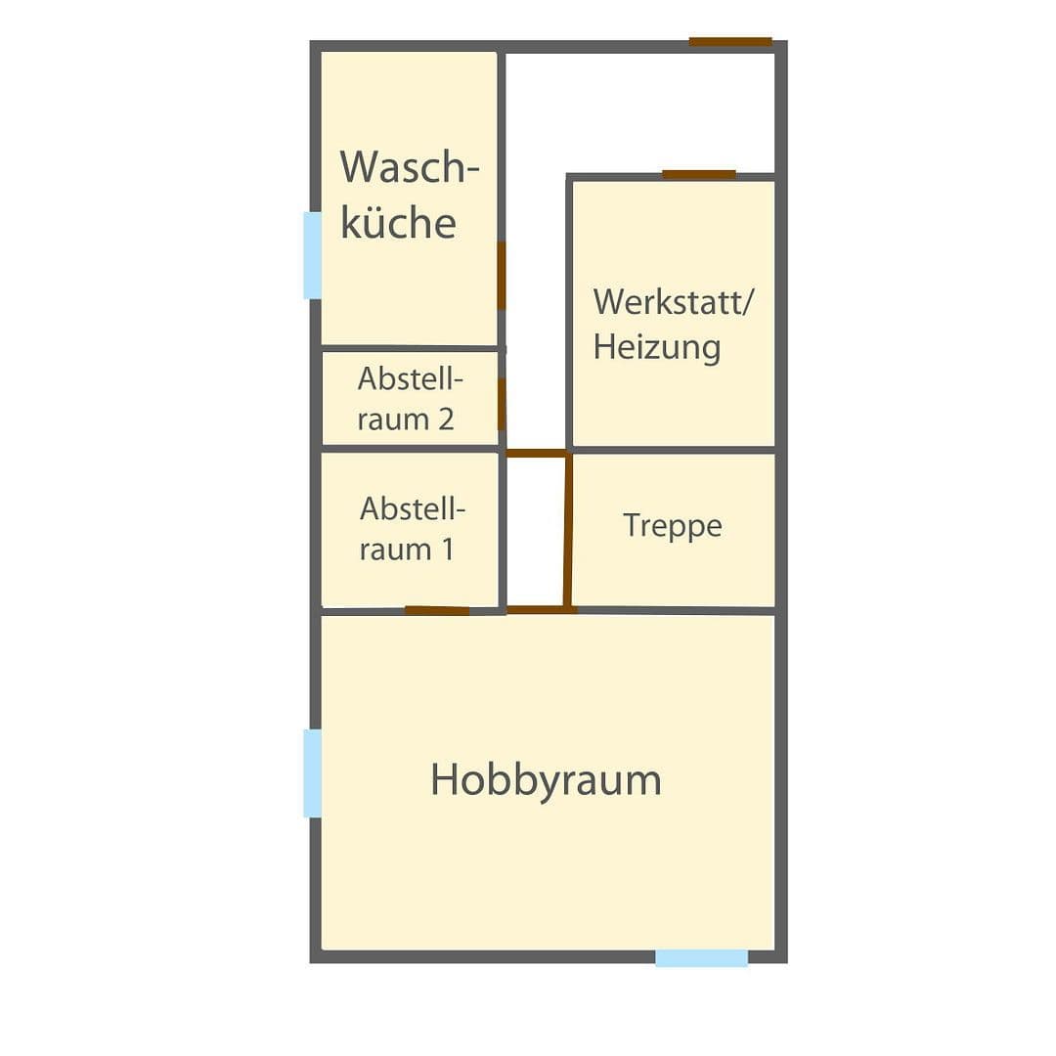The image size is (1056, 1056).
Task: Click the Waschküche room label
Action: click(410, 195)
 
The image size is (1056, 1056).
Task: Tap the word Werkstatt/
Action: click(674, 301)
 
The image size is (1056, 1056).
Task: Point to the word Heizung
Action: click(656, 347)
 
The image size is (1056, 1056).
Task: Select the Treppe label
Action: click(673, 526)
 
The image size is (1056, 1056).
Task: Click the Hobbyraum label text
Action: click(546, 780)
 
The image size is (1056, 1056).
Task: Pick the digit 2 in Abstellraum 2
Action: click(445, 419)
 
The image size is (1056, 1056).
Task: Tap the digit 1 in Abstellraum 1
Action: click(446, 549)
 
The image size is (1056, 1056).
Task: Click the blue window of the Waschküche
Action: click(312, 255)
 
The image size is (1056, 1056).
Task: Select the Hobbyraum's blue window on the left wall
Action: click(312, 772)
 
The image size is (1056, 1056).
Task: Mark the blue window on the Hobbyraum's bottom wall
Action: click(701, 958)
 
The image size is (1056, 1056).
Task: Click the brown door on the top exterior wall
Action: click(730, 42)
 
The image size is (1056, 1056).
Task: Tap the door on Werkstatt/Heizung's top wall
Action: click(698, 175)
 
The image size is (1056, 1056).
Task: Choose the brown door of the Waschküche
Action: click(502, 276)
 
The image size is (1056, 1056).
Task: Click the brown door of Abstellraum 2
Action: click(502, 404)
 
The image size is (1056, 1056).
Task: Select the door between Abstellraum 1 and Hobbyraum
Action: click(437, 610)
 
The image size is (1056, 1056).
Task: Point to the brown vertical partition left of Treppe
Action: click(567, 531)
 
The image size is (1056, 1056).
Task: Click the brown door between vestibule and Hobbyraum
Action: click(541, 609)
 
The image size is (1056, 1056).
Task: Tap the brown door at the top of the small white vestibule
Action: click(536, 453)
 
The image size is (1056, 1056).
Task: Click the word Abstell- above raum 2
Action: click(410, 377)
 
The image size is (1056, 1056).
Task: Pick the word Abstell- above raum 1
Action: click(412, 508)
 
